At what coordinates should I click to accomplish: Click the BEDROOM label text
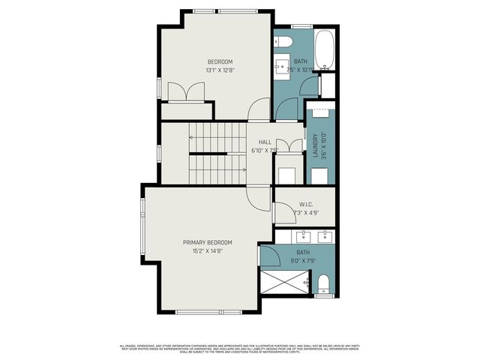[x=220, y=61]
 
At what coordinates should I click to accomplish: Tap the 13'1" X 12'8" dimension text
[x=220, y=70]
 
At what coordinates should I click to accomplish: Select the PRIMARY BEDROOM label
[x=208, y=242]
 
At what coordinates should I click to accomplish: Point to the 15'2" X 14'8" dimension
[x=208, y=251]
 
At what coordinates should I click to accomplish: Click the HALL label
[x=265, y=142]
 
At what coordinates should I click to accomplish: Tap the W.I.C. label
[x=306, y=205]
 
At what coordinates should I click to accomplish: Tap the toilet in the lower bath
[x=324, y=284]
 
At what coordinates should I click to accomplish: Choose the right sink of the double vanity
[x=325, y=238]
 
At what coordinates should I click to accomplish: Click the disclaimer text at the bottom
[x=240, y=348]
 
